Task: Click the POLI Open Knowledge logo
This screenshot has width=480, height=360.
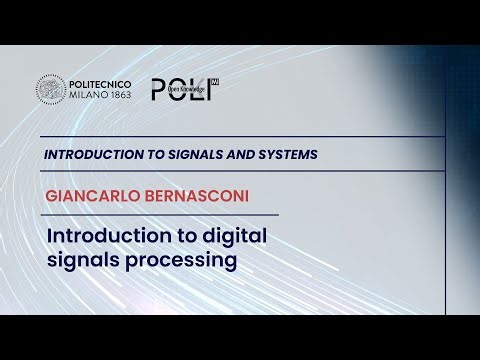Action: (184, 89)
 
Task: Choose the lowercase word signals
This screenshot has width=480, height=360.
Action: (81, 261)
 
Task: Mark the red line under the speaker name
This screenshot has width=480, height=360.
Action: (160, 215)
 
